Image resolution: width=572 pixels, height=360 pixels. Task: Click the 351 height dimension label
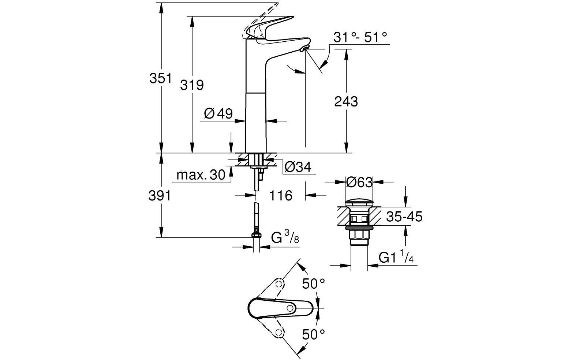[160, 79]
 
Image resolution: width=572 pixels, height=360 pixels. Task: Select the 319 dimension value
[192, 85]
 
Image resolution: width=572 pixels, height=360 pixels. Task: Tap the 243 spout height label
[346, 101]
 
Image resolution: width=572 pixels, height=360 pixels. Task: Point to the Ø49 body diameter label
[218, 114]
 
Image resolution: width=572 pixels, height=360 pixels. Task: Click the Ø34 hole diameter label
[298, 167]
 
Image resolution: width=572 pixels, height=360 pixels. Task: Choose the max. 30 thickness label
[201, 175]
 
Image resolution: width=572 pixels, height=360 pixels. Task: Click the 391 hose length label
[160, 196]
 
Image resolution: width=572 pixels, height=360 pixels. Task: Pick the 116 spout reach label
[281, 196]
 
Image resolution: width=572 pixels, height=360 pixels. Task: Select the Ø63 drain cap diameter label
[359, 182]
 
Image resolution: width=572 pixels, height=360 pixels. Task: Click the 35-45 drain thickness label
[404, 217]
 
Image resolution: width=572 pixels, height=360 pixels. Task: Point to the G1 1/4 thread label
[396, 258]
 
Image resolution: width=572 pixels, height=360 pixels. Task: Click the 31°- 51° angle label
[360, 37]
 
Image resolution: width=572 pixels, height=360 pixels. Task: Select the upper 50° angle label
[314, 283]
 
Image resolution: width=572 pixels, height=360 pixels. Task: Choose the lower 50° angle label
[314, 334]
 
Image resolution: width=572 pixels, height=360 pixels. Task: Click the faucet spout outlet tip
[304, 49]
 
